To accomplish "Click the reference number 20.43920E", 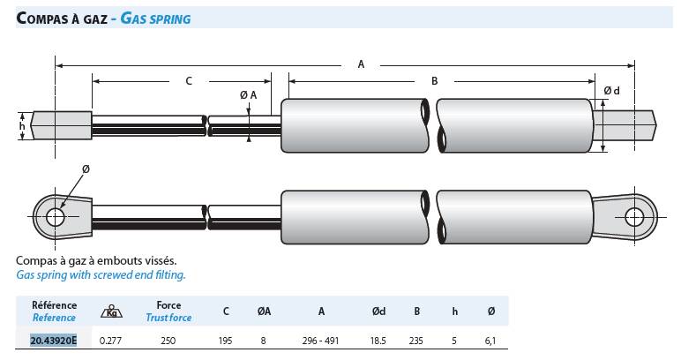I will (54, 340).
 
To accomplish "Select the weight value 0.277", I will (111, 340).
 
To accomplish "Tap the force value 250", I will (168, 340).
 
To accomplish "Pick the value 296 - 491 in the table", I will (320, 340).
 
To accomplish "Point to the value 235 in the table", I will (418, 340).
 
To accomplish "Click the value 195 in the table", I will (226, 340).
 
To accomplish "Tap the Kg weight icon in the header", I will (111, 311).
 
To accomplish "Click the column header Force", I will (168, 305).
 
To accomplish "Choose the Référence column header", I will (54, 305).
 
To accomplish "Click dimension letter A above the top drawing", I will (361, 64).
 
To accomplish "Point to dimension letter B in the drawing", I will (435, 81).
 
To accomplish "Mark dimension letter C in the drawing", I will (188, 81).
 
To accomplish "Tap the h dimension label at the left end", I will (23, 125).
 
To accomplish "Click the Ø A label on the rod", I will (248, 94).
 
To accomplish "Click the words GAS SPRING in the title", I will (153, 17).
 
